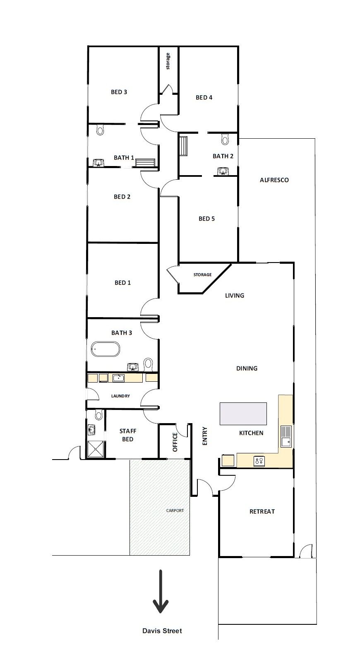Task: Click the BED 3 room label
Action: click(x=119, y=92)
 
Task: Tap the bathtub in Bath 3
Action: click(x=106, y=349)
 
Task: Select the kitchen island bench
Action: click(x=243, y=413)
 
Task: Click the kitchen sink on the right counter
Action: click(x=286, y=437)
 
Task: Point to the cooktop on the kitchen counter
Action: click(x=259, y=460)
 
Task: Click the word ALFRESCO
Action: click(x=274, y=180)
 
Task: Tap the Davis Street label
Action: click(x=162, y=631)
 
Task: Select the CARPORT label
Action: click(x=175, y=510)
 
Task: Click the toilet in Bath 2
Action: click(x=225, y=140)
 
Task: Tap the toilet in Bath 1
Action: click(x=100, y=130)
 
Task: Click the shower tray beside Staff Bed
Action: click(x=96, y=449)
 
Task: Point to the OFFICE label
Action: click(x=175, y=442)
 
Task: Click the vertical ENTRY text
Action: click(x=204, y=436)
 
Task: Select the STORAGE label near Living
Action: click(x=202, y=275)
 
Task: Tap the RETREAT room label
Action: click(x=262, y=512)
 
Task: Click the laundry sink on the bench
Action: click(x=119, y=378)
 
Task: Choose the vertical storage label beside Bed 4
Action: click(x=168, y=61)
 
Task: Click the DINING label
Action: click(x=247, y=368)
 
